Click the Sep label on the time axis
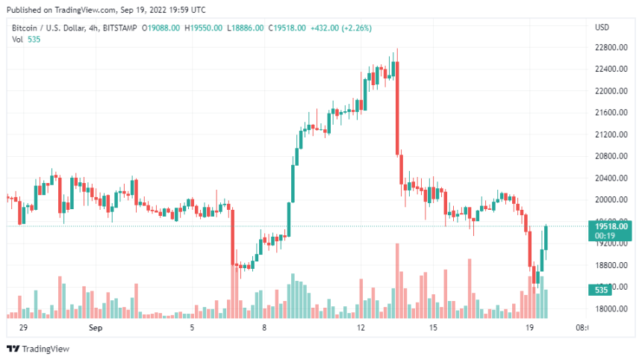coord(95,328)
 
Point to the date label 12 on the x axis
coord(361,328)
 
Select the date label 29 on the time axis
coord(23,328)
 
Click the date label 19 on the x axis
coord(529,328)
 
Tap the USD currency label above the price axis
coord(602,28)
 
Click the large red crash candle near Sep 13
coord(397,108)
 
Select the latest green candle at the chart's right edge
coord(547,238)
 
